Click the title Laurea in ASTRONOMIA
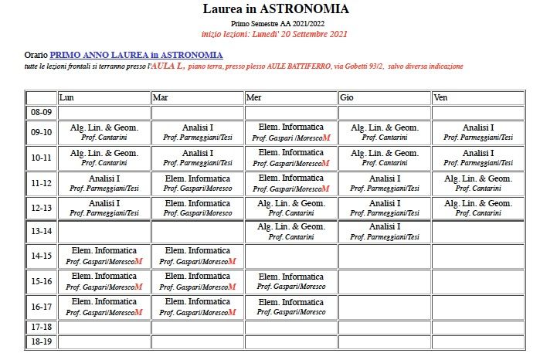pyautogui.click(x=275, y=9)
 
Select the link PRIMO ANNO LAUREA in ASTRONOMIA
pyautogui.click(x=137, y=56)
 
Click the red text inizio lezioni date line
pyautogui.click(x=274, y=34)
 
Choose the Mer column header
pyautogui.click(x=254, y=98)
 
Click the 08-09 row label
pyautogui.click(x=41, y=113)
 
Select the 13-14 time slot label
pyautogui.click(x=41, y=231)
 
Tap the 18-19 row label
pyautogui.click(x=41, y=341)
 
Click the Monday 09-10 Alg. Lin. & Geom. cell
pyautogui.click(x=104, y=132)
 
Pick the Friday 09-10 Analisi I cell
pyautogui.click(x=478, y=132)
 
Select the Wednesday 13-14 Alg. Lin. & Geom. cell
pyautogui.click(x=291, y=231)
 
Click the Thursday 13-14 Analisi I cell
pyautogui.click(x=384, y=231)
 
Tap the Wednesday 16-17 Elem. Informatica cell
pyautogui.click(x=291, y=307)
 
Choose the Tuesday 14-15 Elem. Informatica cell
pyautogui.click(x=198, y=256)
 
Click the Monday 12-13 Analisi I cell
pyautogui.click(x=104, y=208)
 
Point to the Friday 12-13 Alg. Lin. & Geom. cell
pyautogui.click(x=478, y=208)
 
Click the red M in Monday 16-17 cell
pyautogui.click(x=139, y=312)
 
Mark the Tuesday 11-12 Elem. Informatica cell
pyautogui.click(x=198, y=183)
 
